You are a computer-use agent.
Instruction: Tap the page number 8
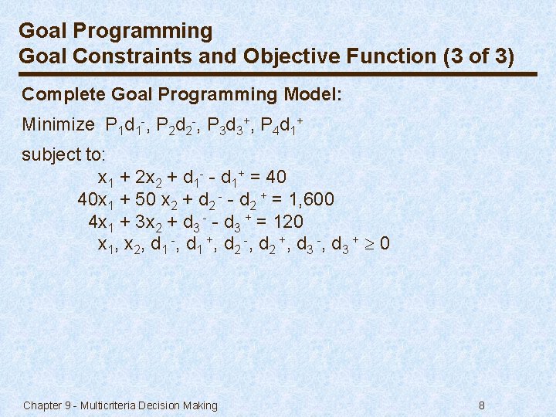pos(482,405)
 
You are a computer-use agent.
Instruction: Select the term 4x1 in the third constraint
pos(102,223)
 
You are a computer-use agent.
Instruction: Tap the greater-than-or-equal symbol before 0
pos(371,245)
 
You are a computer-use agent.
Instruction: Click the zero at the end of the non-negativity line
pos(385,245)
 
